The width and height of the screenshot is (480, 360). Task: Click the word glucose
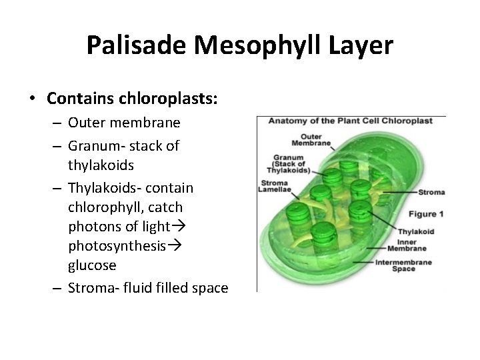point(92,265)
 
